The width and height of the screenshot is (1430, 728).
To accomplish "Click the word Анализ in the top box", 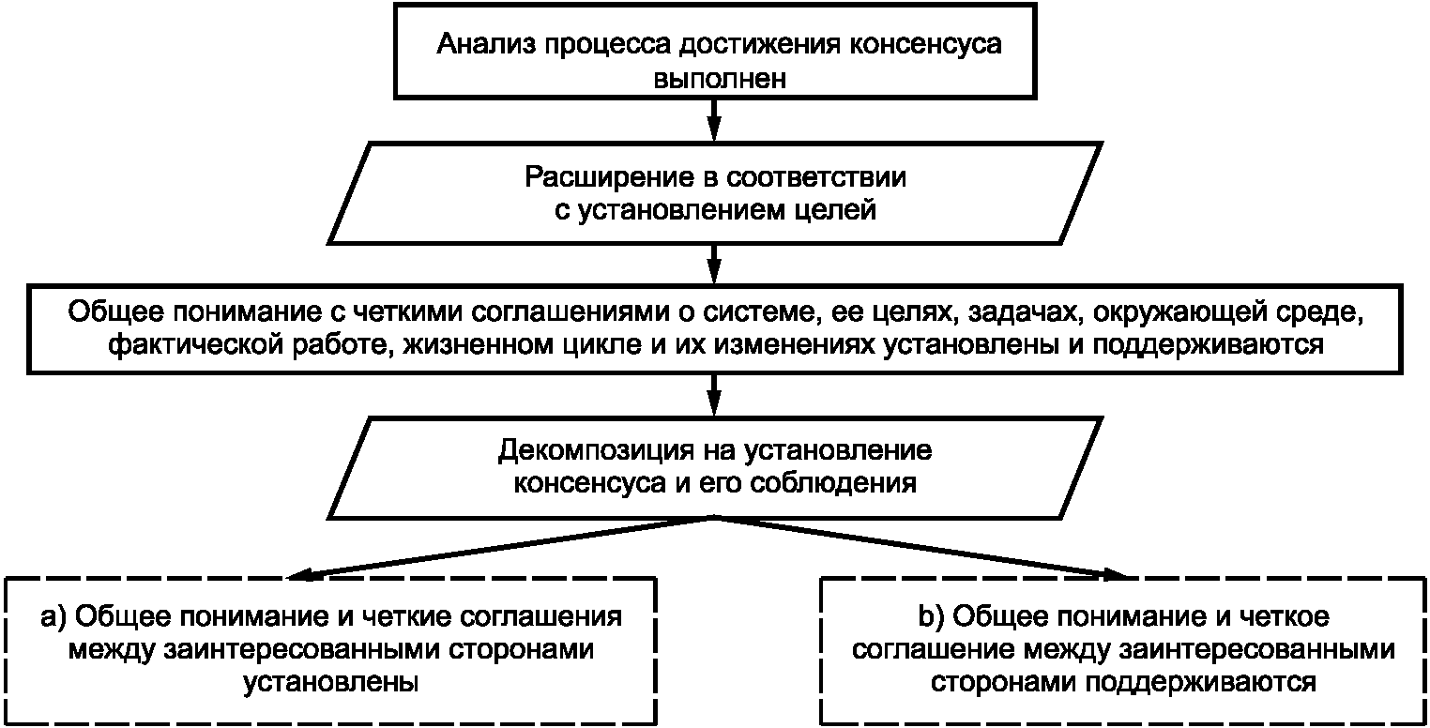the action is coord(486,44).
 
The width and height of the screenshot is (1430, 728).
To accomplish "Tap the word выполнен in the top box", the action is coord(720,79).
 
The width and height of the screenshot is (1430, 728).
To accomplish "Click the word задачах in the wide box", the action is coord(1027,312).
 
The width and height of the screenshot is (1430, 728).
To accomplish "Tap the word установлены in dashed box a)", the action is coord(330,682).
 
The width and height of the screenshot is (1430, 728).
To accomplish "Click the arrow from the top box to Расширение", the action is coord(715,120).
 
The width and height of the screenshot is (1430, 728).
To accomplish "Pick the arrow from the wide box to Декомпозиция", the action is coord(715,396).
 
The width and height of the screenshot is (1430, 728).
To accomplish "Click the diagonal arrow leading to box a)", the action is coord(501,549).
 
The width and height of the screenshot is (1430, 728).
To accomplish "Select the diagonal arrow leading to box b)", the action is coord(920,549).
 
